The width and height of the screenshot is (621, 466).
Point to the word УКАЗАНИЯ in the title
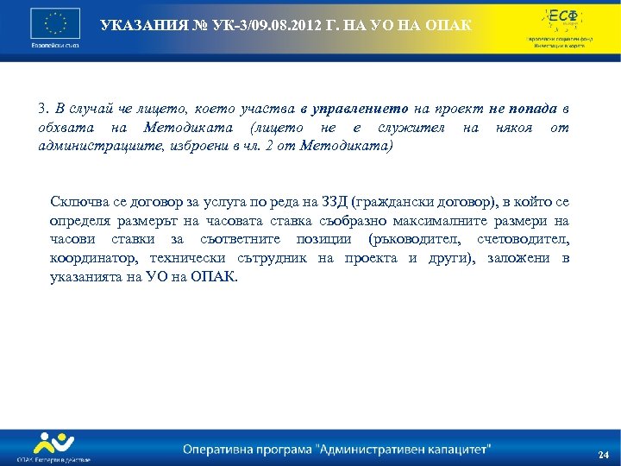tap(137, 25)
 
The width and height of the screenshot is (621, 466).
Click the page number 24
tap(602, 455)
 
